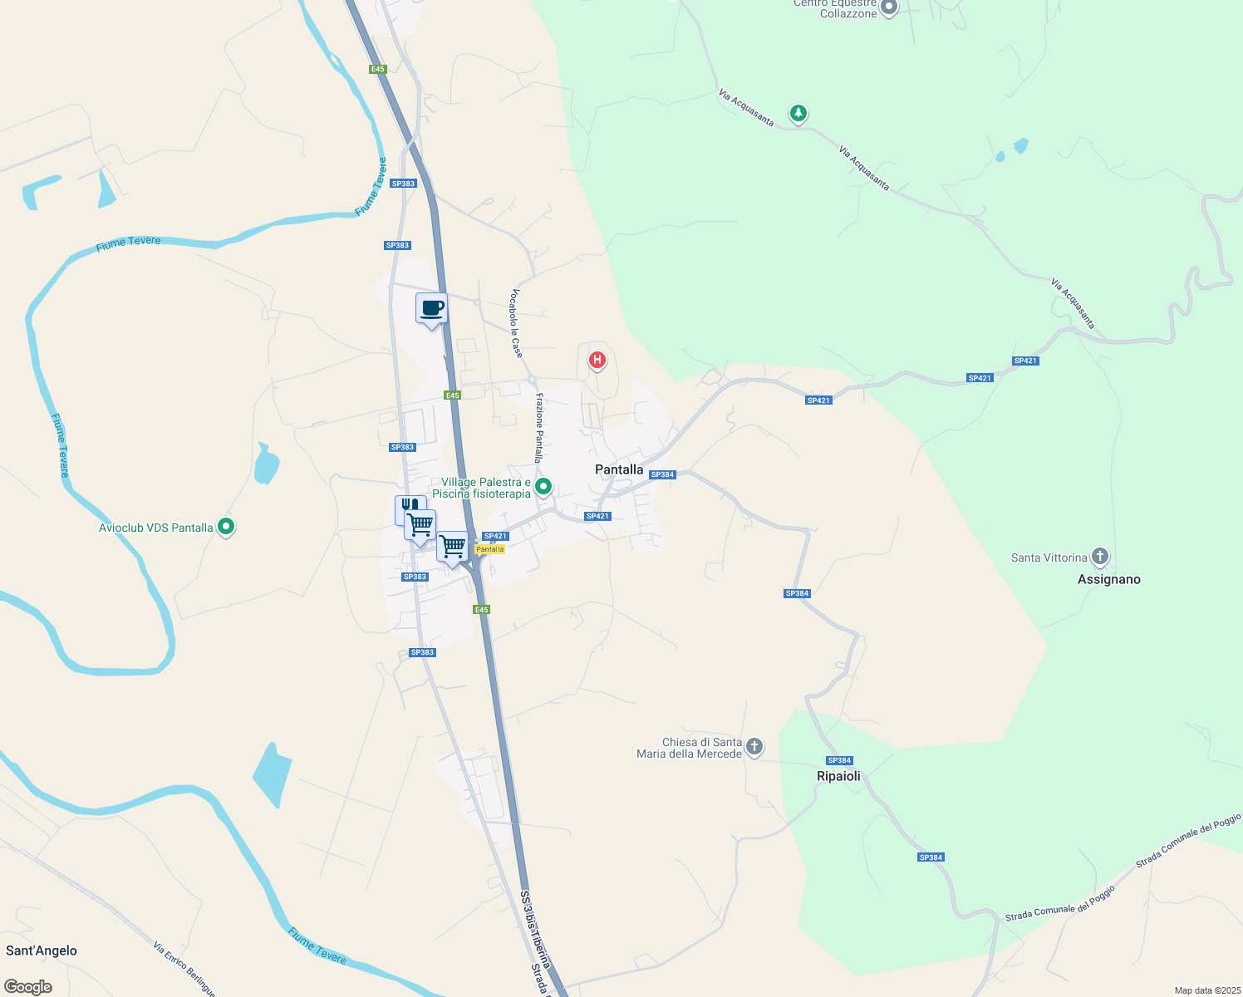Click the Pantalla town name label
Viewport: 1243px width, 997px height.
[619, 469]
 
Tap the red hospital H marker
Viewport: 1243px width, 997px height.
[597, 360]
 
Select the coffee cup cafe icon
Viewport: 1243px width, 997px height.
[431, 308]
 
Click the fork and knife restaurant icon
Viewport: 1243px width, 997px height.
[409, 506]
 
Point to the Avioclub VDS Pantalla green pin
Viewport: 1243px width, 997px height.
[225, 526]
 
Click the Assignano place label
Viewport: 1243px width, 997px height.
[1108, 579]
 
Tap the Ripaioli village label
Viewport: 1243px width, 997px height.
[838, 776]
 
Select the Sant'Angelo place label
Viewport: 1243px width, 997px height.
[42, 950]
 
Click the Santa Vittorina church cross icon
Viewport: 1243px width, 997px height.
[1100, 556]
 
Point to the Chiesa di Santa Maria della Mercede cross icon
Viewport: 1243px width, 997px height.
[754, 746]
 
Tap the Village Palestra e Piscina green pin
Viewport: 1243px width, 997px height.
[543, 486]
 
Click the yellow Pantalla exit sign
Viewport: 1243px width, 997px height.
[489, 549]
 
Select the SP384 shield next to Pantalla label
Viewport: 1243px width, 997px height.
[662, 474]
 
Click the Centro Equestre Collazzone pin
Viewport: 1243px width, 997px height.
[889, 7]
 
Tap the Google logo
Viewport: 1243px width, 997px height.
[28, 987]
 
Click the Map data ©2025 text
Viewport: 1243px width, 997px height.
[1206, 990]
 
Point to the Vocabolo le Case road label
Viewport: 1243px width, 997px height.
[517, 323]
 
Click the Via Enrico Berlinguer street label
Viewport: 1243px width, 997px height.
[184, 969]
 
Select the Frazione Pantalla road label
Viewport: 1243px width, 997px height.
[538, 427]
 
